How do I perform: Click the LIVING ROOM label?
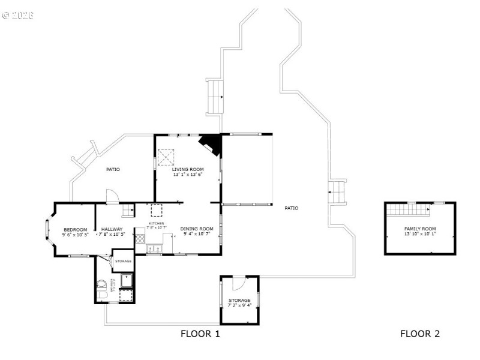click(188, 170)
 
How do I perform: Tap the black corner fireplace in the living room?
click(211, 144)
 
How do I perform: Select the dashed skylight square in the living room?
click(166, 158)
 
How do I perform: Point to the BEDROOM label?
click(76, 229)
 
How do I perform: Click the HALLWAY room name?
click(112, 229)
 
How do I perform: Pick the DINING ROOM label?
click(197, 229)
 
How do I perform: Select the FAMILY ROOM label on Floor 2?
click(420, 229)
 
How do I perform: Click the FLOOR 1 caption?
click(200, 334)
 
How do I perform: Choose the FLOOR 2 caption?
click(420, 334)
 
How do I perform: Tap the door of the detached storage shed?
click(238, 281)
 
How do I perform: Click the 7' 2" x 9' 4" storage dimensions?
click(239, 305)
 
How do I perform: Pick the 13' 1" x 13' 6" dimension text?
click(188, 175)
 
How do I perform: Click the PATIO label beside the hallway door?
click(113, 169)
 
